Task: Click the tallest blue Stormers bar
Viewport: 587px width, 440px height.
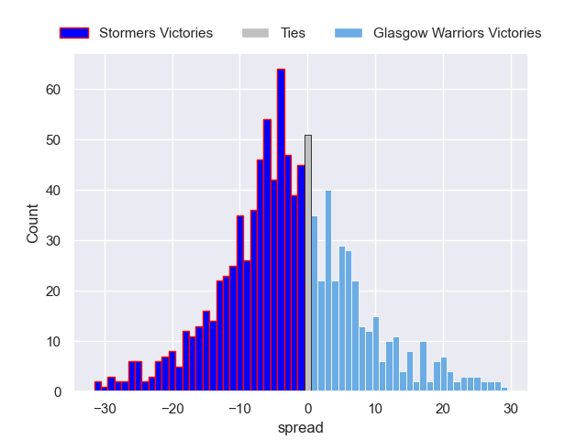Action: coord(281,229)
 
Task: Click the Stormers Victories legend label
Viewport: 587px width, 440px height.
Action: coord(155,33)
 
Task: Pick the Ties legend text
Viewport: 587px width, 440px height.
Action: coord(293,33)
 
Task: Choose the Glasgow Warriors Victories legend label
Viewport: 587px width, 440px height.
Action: coord(457,33)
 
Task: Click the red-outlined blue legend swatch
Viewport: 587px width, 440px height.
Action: coord(74,33)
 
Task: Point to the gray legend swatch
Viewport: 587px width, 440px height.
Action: coord(255,33)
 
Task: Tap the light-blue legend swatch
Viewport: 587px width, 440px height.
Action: coord(349,33)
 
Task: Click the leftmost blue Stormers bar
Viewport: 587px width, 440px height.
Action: coord(98,388)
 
